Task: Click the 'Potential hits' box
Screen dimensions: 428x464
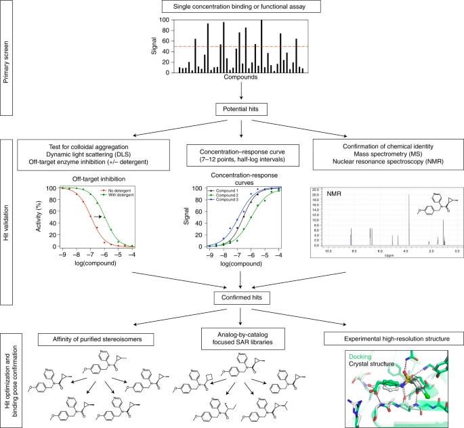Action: click(242, 108)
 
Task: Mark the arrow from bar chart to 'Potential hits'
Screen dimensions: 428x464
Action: click(242, 91)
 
